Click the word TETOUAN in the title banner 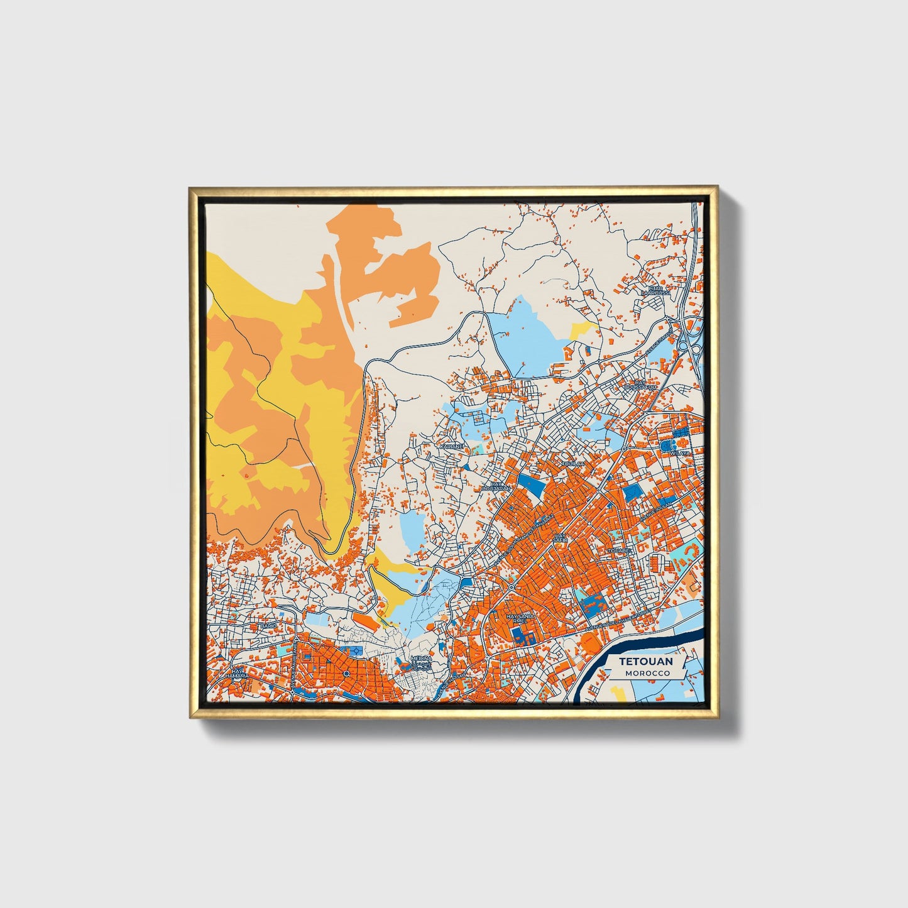(x=646, y=661)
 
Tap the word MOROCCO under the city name (x=647, y=673)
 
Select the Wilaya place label (x=680, y=452)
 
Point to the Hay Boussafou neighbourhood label (x=640, y=385)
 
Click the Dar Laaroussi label (x=652, y=290)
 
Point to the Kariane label (x=451, y=446)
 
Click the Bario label (x=269, y=626)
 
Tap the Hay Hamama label (x=237, y=674)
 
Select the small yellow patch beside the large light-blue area (x=583, y=329)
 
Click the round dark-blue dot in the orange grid (x=346, y=674)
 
